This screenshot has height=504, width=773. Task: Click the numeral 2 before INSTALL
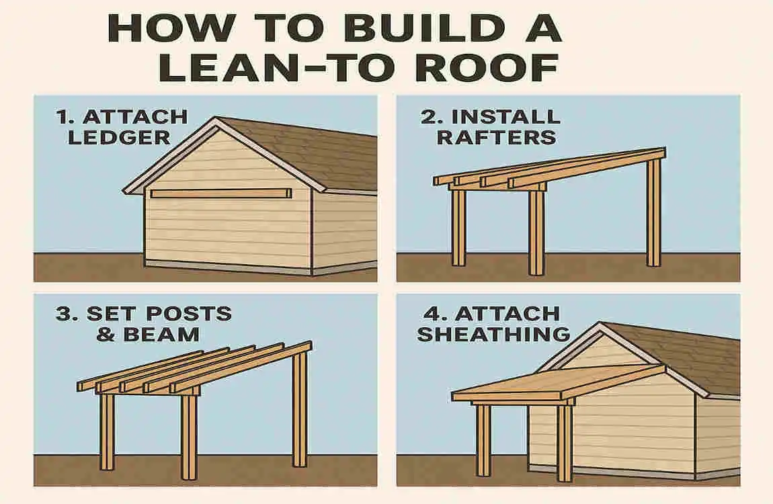point(429,116)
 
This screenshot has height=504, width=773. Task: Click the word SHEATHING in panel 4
point(493,334)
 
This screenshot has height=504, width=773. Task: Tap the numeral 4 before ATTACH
point(429,314)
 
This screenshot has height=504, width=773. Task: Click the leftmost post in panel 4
point(483,440)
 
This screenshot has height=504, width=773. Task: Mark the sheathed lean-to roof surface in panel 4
point(558,383)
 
